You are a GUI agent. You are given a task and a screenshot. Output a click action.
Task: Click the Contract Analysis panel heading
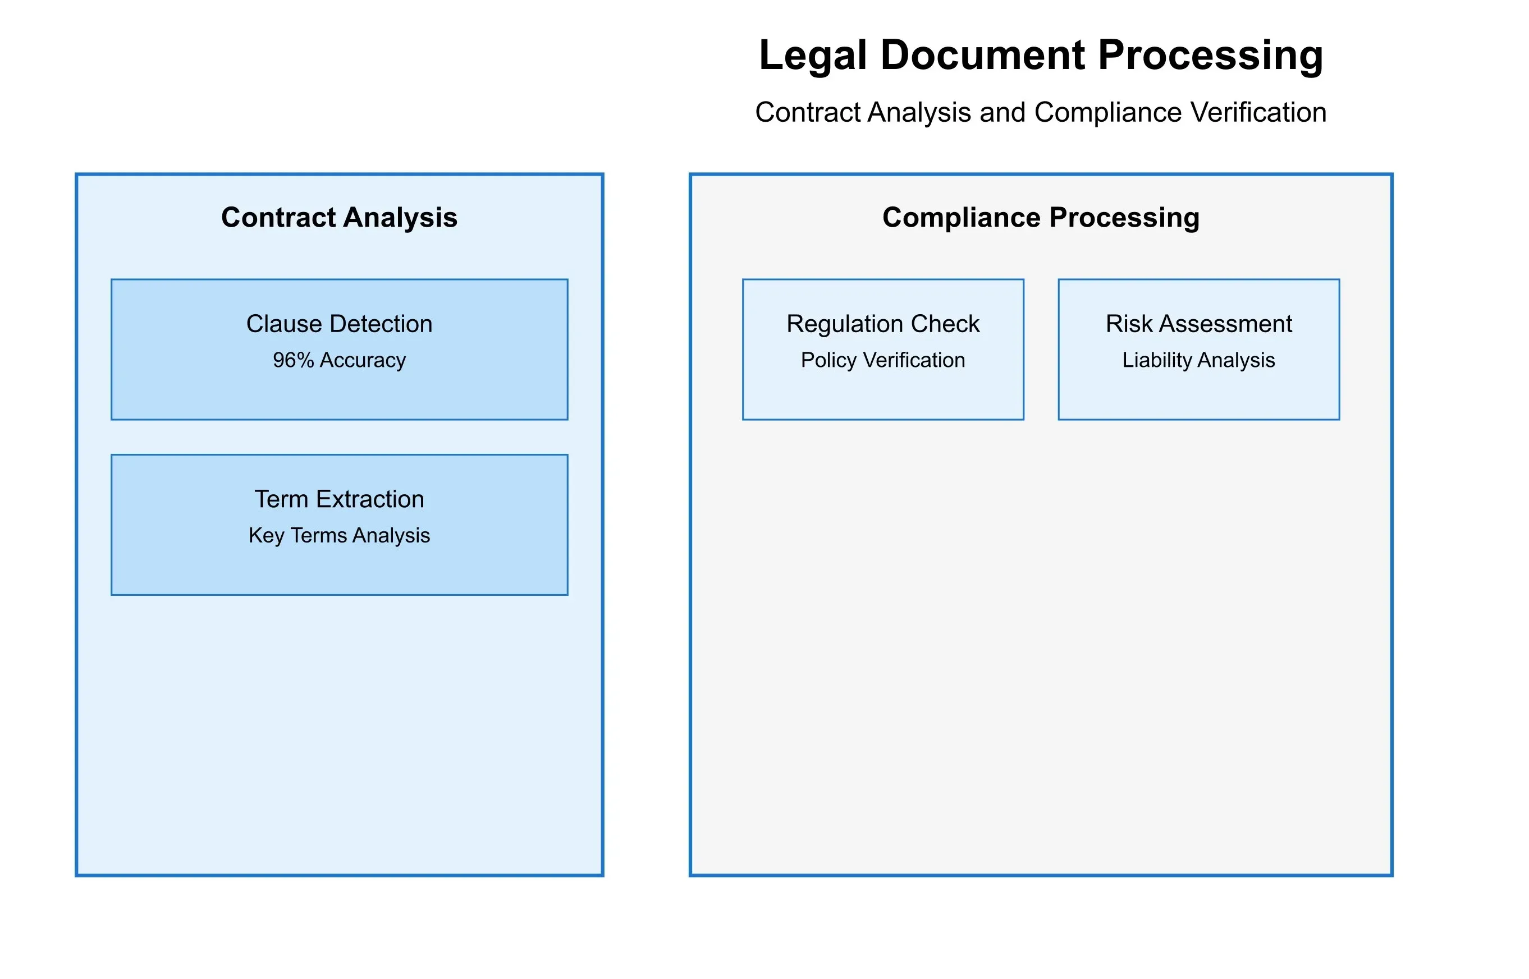tap(339, 218)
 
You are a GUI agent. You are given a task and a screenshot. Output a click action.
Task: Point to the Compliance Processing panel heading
tap(1041, 218)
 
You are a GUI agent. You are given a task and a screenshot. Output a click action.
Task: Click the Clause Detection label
tap(339, 324)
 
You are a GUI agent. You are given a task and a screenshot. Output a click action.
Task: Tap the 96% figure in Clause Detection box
tap(293, 360)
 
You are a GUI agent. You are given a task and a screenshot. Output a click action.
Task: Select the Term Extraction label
tap(339, 500)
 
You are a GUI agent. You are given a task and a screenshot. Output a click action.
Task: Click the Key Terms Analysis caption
tap(339, 536)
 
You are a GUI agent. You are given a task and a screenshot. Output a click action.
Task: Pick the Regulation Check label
tap(883, 324)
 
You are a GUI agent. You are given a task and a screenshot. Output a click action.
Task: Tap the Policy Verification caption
tap(883, 360)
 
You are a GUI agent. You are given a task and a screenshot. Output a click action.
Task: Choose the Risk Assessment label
tap(1198, 324)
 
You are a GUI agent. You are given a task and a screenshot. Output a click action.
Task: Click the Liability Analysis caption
tap(1198, 360)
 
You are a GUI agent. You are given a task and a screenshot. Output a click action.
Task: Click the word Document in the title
tap(983, 56)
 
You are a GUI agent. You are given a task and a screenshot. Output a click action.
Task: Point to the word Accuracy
tap(363, 360)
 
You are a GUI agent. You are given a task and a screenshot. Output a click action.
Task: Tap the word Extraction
tap(369, 500)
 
